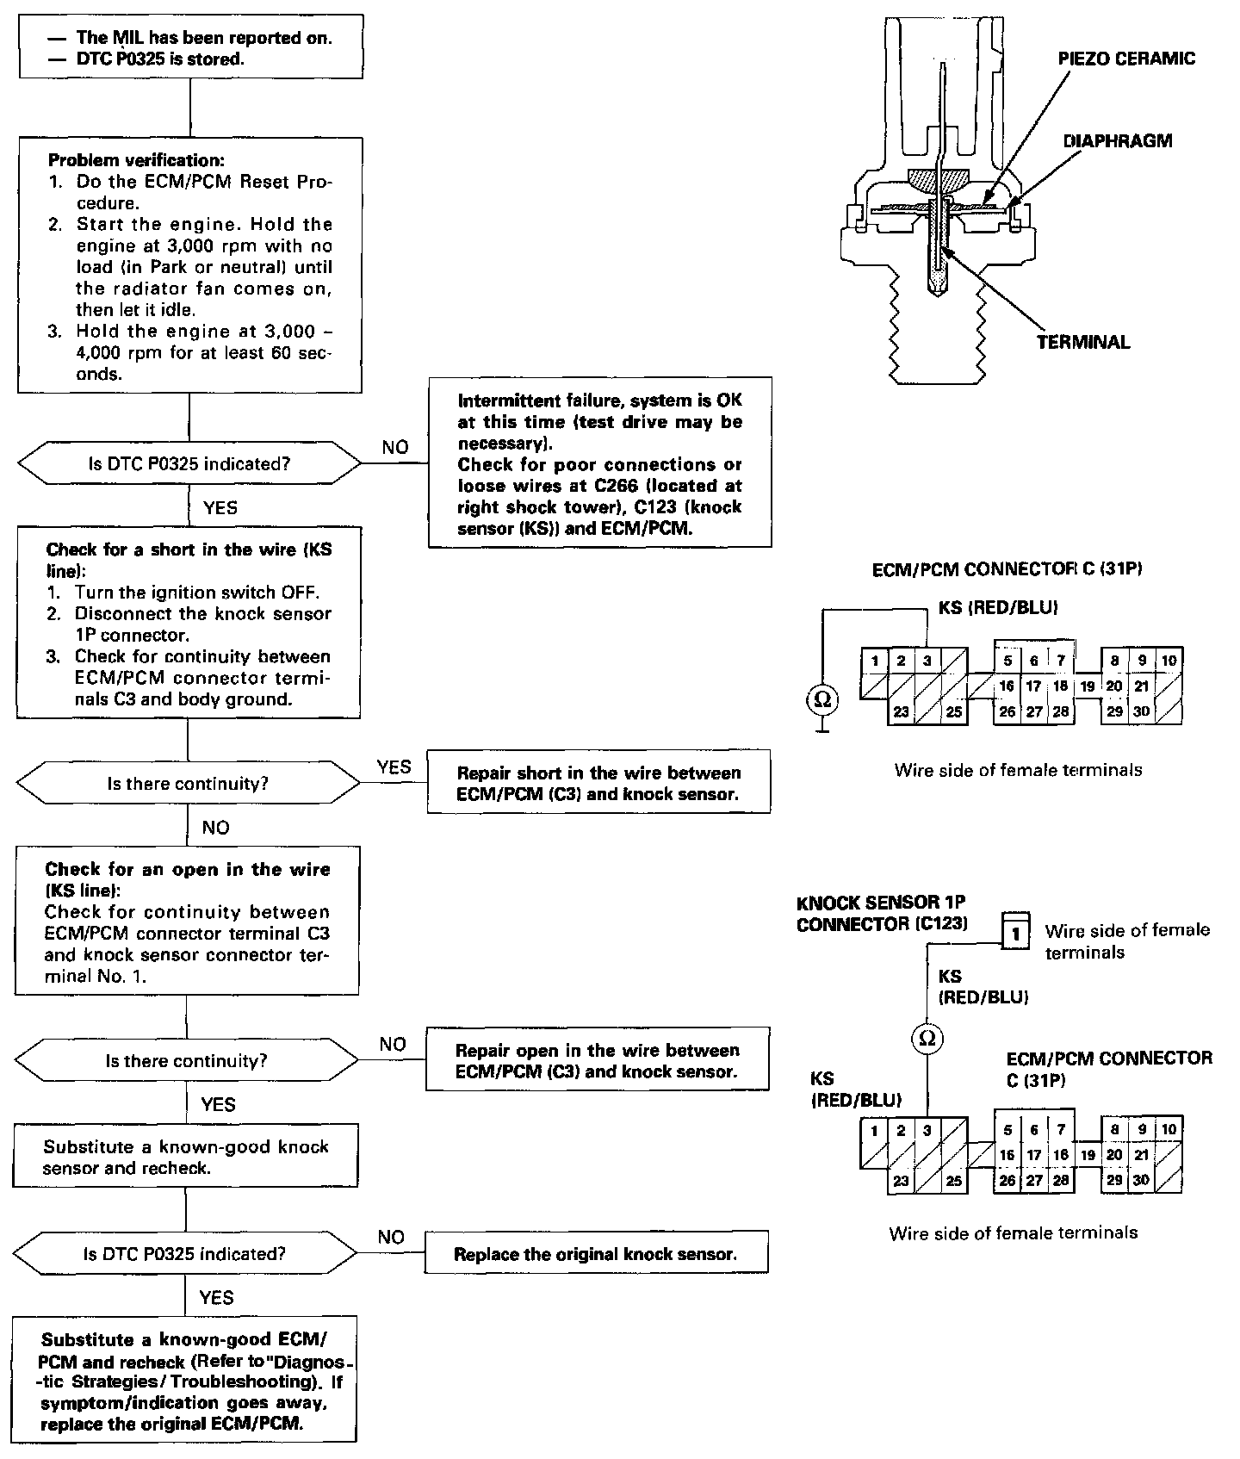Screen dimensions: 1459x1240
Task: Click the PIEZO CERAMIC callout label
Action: click(x=1126, y=59)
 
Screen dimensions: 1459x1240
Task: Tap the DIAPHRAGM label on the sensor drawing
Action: click(x=1118, y=140)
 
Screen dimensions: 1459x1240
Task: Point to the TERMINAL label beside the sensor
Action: click(x=1082, y=342)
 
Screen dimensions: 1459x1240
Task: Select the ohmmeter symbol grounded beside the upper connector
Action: click(x=822, y=699)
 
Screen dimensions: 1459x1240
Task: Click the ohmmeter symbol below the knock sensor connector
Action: click(x=927, y=1039)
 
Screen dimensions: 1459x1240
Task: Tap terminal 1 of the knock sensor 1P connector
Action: click(x=1016, y=933)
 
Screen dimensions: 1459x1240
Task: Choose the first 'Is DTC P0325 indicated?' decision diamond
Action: click(x=189, y=463)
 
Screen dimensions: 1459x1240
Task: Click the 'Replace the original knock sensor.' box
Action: click(x=596, y=1254)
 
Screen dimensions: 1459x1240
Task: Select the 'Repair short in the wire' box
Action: click(x=598, y=783)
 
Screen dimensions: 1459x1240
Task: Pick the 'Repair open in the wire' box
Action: click(x=597, y=1060)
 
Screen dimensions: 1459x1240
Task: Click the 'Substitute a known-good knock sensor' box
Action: click(x=186, y=1157)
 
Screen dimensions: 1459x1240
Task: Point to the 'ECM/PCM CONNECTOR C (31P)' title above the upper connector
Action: click(x=1007, y=569)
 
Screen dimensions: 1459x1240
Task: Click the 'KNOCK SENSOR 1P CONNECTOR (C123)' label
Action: click(x=882, y=913)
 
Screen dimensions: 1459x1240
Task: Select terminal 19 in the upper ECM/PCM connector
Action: click(x=1088, y=686)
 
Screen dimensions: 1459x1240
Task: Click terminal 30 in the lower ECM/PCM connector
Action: click(x=1141, y=1180)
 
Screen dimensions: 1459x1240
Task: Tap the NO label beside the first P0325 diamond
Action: click(x=395, y=447)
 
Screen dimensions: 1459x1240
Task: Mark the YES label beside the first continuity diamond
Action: click(x=394, y=767)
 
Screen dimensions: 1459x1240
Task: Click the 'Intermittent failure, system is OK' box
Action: click(x=599, y=463)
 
